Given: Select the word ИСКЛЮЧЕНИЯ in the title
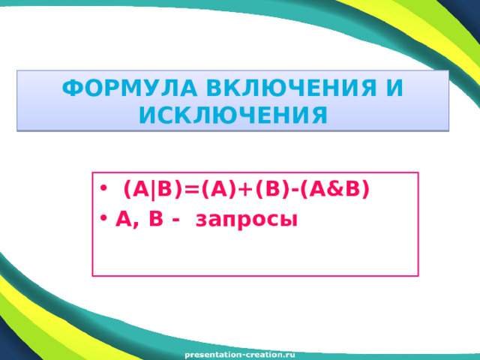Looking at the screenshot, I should tap(232, 115).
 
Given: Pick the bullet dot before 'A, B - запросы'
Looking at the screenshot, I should tap(103, 220).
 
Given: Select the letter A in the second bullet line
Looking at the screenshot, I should tap(123, 219).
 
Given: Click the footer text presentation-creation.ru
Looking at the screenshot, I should tap(240, 352).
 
